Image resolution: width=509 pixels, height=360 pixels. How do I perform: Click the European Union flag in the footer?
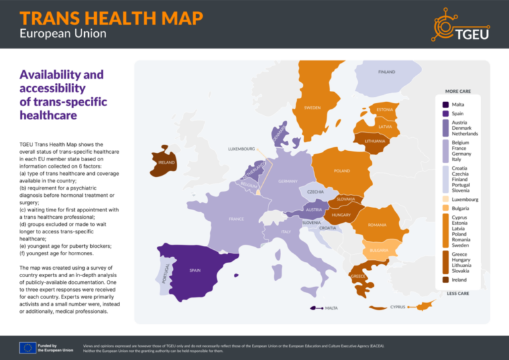click(27, 347)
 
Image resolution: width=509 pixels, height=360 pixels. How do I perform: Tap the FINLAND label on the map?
click(386, 72)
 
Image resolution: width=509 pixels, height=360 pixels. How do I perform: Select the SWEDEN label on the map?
click(312, 107)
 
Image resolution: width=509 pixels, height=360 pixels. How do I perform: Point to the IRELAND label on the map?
click(167, 162)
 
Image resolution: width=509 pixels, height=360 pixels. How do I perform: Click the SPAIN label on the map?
click(195, 270)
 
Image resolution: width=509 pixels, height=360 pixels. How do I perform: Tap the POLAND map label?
click(342, 171)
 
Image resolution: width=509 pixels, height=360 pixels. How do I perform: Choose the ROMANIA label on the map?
click(377, 225)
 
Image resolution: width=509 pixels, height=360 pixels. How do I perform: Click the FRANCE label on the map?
click(236, 219)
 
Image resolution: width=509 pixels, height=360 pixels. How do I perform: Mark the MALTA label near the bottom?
click(331, 308)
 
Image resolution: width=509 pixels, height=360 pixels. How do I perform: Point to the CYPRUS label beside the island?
click(398, 307)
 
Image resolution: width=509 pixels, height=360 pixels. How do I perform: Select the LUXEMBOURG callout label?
click(241, 149)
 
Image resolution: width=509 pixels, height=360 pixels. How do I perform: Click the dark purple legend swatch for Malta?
click(445, 104)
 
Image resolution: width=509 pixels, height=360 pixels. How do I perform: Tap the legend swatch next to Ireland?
click(445, 280)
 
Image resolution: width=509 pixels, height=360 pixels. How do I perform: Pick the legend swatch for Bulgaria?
click(445, 208)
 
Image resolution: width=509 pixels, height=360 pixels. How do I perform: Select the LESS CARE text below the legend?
click(459, 292)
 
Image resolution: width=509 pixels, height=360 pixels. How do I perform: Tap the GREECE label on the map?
click(359, 276)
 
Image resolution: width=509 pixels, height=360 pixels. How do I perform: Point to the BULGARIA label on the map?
click(378, 250)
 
